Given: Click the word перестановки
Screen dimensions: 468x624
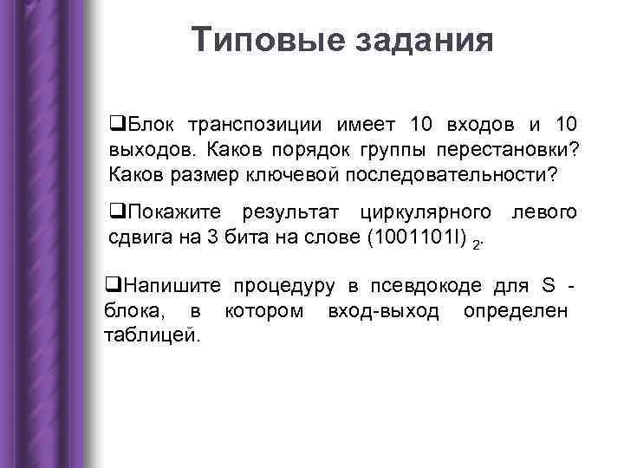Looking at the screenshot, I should [506, 150].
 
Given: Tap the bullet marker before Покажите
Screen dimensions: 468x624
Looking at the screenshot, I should [115, 213].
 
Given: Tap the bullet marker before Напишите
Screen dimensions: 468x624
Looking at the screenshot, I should [110, 287].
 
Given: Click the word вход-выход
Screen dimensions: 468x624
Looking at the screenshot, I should [384, 310].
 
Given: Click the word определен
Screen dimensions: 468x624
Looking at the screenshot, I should [515, 310].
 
